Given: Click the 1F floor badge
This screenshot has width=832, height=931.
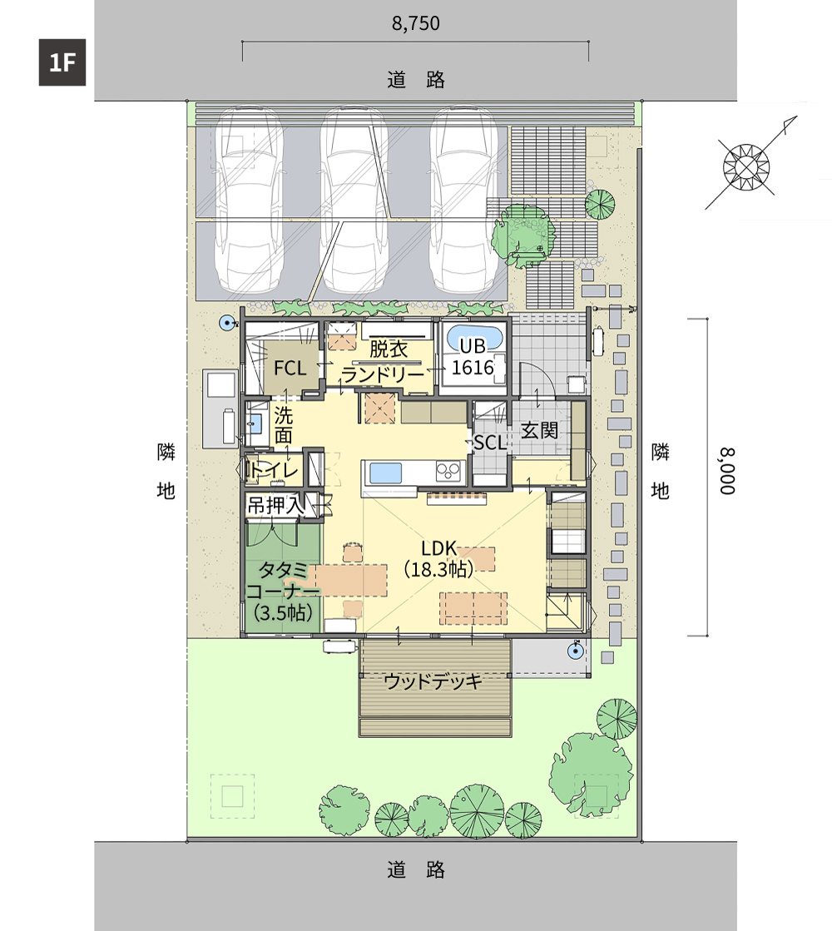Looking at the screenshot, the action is (62, 62).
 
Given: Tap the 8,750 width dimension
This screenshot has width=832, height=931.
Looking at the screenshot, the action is (416, 24).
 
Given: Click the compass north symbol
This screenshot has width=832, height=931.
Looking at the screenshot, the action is (747, 167).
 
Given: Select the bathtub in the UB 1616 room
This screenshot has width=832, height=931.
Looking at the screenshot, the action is (474, 340).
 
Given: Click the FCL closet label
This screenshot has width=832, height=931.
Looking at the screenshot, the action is (290, 369).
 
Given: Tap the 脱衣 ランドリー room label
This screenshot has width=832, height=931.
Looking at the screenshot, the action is (386, 362).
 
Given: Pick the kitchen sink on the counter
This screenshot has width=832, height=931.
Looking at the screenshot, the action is (387, 473).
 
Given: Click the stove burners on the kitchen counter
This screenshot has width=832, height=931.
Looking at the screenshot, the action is (449, 472).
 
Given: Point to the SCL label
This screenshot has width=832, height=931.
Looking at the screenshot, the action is (490, 443).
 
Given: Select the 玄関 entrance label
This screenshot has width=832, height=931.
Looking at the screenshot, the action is (539, 430).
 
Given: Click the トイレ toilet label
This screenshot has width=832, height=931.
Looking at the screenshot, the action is (274, 471).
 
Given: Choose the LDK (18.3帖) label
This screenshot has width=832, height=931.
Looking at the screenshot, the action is (438, 559).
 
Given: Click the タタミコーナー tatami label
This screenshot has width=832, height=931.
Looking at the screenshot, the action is (283, 592).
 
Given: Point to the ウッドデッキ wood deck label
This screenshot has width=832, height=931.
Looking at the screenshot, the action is (433, 681).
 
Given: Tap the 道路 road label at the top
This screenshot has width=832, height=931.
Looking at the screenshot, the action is (416, 80).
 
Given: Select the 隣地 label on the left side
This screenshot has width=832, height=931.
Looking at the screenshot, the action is (166, 471).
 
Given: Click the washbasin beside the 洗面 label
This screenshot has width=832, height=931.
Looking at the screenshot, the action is (256, 423).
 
